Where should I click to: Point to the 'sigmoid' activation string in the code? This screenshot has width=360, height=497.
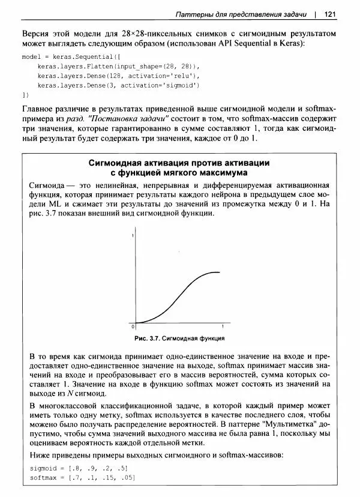tap(184, 85)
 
